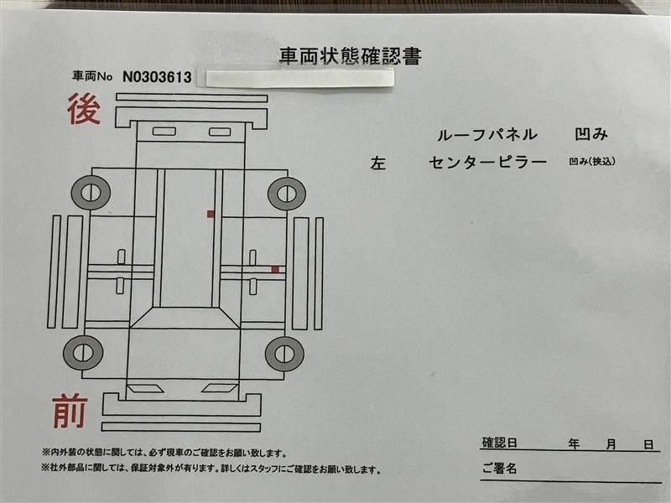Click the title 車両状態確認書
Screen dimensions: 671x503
[x=351, y=56]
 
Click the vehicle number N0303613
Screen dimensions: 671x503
[x=157, y=77]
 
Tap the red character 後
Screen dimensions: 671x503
[x=84, y=109]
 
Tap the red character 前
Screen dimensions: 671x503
[x=70, y=412]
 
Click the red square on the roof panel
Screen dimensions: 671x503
[x=211, y=214]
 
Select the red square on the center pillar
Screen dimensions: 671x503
[x=275, y=269]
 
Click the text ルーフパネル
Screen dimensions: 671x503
[x=487, y=135]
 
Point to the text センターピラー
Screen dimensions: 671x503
[x=488, y=162]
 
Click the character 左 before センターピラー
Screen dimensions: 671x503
[x=378, y=163]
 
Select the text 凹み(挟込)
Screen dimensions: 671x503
[x=592, y=161]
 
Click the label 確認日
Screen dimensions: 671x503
[x=499, y=443]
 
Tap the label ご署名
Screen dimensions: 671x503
[x=499, y=469]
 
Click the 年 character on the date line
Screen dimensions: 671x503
[x=574, y=444]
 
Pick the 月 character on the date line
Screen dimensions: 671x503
[x=611, y=444]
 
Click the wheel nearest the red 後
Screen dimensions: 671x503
[x=91, y=193]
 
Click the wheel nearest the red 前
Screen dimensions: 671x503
[x=83, y=353]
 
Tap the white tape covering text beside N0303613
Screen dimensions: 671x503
[x=299, y=78]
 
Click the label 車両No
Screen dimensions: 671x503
[x=92, y=76]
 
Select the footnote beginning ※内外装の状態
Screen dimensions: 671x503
[x=164, y=453]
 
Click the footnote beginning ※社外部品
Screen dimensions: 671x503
[x=211, y=469]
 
